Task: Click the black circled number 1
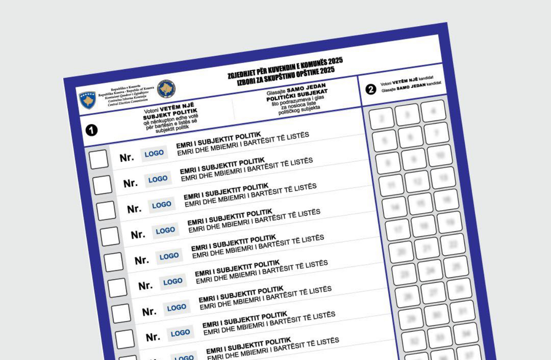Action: tap(91, 130)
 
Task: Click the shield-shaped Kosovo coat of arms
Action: tap(87, 100)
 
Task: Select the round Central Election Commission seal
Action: tap(166, 89)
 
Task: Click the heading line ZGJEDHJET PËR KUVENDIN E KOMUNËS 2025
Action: tap(285, 67)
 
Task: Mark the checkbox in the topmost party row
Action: tap(99, 159)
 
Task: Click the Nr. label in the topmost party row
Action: tap(127, 157)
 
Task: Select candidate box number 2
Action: tap(381, 118)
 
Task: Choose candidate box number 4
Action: tap(433, 111)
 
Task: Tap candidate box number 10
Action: tap(440, 155)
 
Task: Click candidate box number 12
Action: tap(417, 182)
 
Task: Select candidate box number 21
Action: tap(427, 248)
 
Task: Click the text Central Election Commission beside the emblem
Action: tap(128, 103)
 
